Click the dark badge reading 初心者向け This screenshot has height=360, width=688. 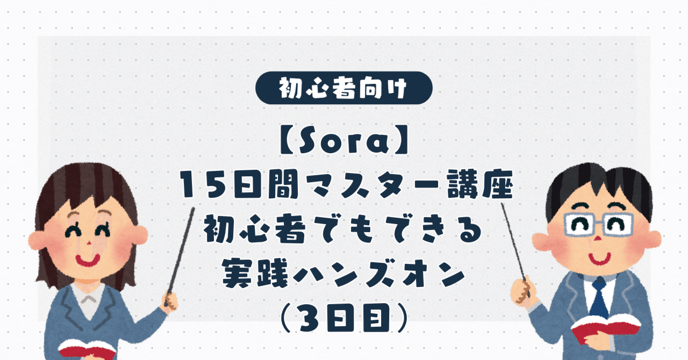point(344,88)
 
